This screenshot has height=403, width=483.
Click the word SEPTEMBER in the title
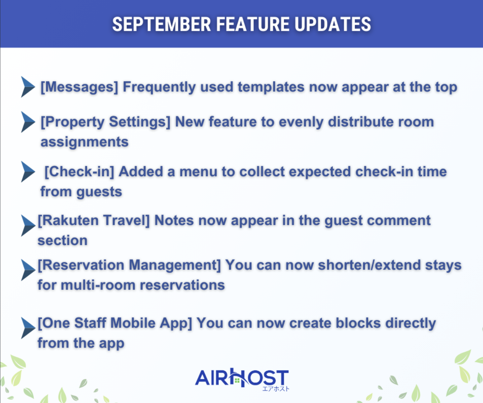162,24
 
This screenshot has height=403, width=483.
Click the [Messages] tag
79,87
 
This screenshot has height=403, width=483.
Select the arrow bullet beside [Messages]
28,87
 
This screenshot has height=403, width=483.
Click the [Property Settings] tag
106,122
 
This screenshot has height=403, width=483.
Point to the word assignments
85,142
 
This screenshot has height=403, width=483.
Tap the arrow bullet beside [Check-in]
28,172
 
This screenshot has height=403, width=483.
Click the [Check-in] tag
79,172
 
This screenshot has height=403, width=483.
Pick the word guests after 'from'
99,192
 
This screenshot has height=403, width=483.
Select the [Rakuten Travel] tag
94,221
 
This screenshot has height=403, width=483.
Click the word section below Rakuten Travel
62,241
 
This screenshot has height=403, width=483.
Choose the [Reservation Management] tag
129,265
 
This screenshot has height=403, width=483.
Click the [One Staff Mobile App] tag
115,323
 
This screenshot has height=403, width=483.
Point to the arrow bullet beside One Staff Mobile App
28,328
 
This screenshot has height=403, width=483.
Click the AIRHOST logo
241,378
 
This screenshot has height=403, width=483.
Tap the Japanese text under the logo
276,389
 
